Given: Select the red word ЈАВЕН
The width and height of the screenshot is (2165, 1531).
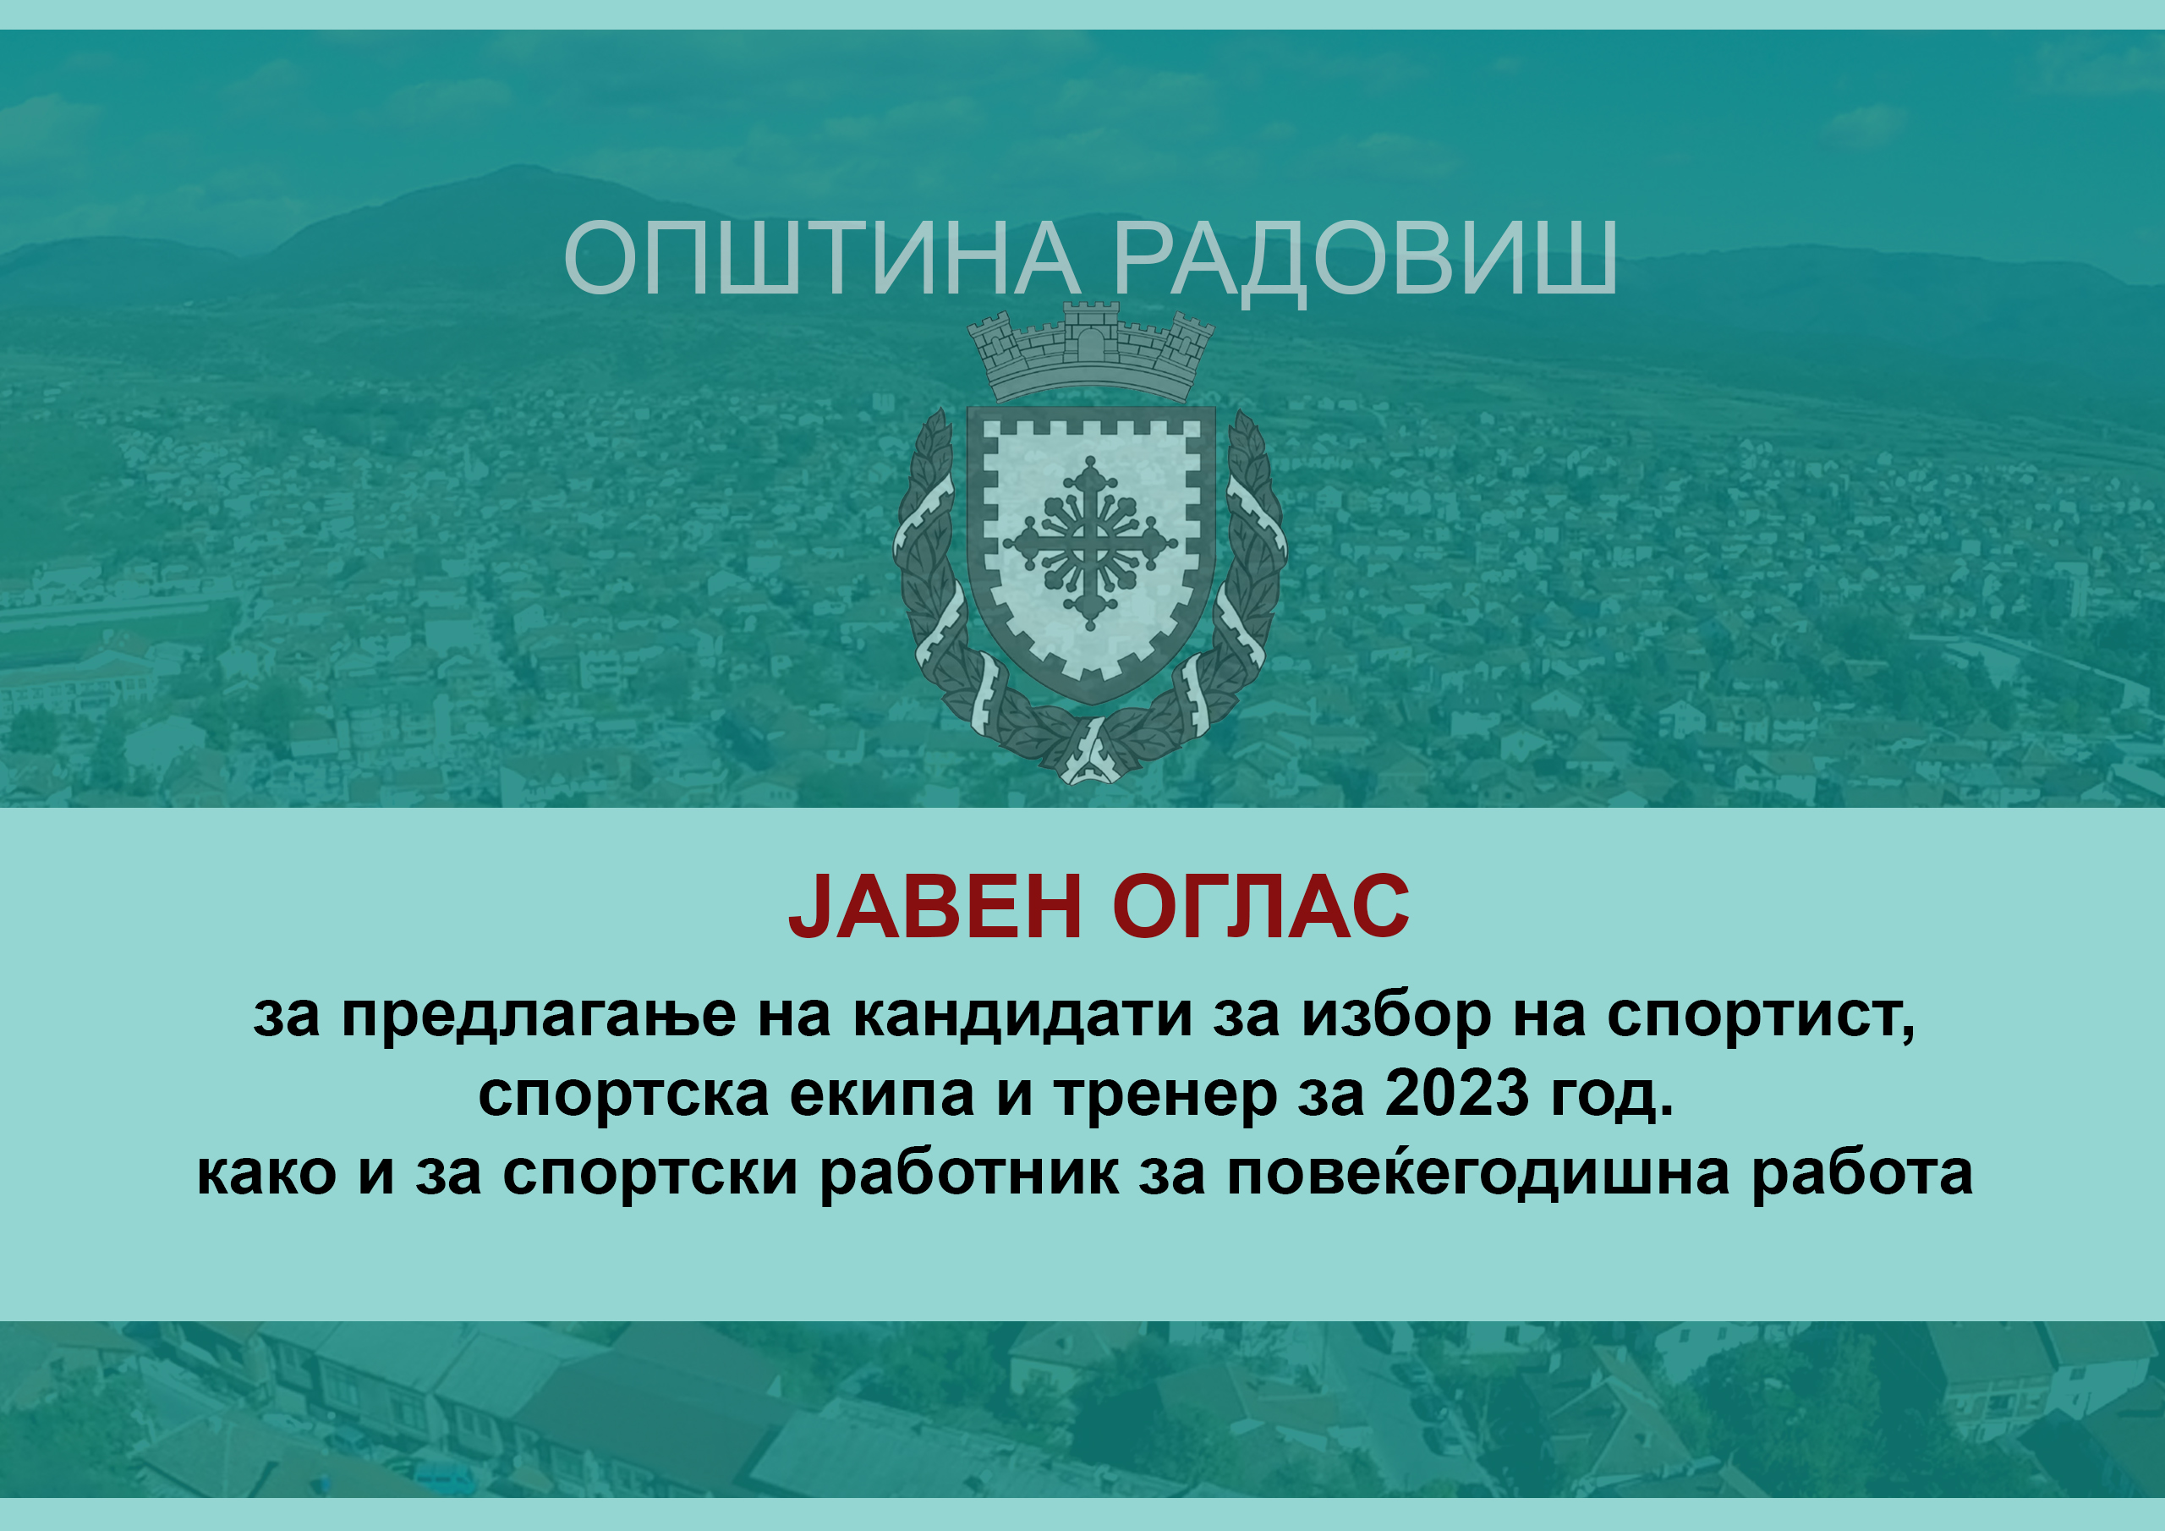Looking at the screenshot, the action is tap(935, 907).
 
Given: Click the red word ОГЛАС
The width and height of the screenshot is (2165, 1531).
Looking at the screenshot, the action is tap(1261, 907).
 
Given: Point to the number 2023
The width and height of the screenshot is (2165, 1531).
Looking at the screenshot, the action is tap(1457, 1094).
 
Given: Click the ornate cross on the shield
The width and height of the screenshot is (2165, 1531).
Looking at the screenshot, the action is tap(1090, 543).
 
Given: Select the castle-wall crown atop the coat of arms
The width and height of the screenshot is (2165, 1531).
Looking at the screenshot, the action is tap(1091, 351).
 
